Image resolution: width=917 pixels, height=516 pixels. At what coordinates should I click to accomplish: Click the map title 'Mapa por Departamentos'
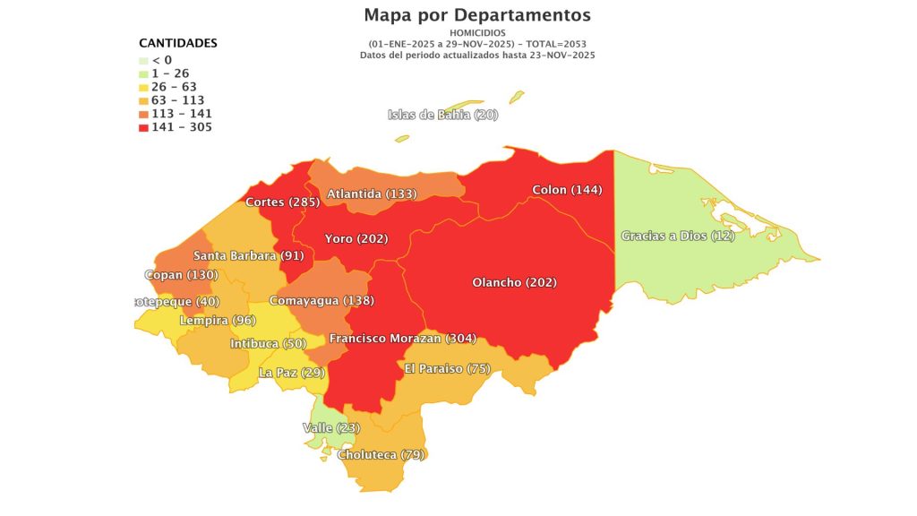click(477, 15)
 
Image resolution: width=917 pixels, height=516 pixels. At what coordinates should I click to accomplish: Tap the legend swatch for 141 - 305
click(143, 127)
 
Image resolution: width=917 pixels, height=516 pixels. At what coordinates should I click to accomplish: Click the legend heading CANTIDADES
click(177, 43)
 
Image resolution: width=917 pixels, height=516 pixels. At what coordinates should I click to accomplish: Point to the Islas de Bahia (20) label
click(442, 115)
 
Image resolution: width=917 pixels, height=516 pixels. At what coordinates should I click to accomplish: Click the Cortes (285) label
click(282, 202)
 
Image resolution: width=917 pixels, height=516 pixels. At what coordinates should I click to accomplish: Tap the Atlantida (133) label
click(371, 193)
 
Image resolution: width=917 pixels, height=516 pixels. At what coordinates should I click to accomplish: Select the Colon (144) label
click(567, 190)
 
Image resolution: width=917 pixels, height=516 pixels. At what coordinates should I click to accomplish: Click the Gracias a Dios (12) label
click(664, 236)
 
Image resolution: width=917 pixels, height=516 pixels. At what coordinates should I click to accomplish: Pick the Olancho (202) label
click(514, 282)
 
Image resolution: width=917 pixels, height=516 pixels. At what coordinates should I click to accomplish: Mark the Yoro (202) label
click(356, 239)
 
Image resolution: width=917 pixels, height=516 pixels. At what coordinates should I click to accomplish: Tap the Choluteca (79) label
click(380, 454)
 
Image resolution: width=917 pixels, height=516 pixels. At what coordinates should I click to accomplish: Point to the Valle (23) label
click(331, 427)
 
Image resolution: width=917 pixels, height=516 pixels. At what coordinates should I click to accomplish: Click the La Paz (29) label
click(291, 372)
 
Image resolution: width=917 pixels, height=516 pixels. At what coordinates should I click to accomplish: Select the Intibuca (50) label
click(268, 343)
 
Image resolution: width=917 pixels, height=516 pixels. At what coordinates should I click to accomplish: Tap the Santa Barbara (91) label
click(248, 255)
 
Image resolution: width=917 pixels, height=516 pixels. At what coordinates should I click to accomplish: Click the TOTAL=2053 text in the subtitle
click(556, 44)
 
